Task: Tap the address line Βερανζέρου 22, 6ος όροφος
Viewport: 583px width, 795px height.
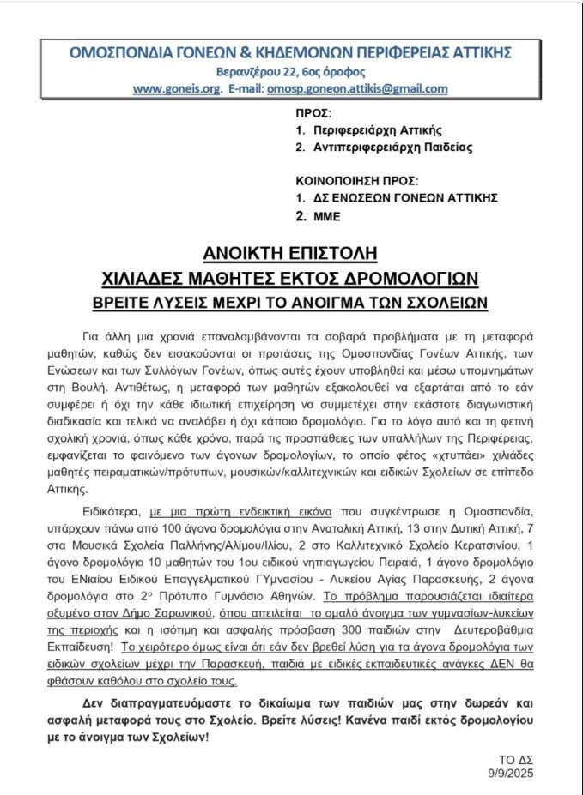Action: point(290,72)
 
